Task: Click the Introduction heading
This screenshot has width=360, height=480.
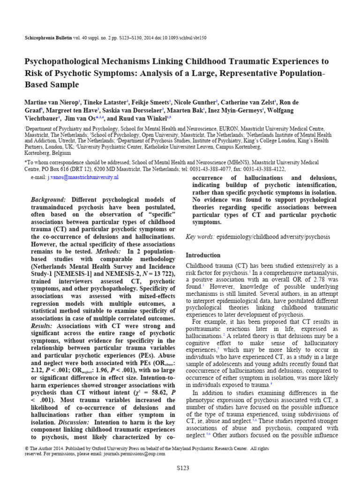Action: pos(203,255)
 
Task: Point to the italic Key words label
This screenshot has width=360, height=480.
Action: pos(201,237)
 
